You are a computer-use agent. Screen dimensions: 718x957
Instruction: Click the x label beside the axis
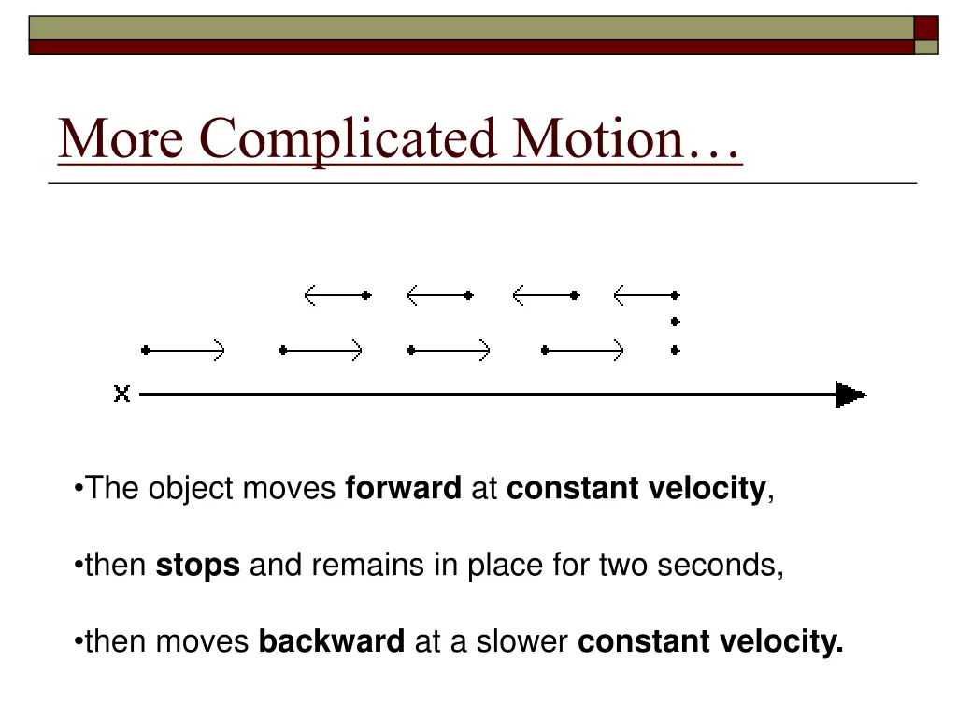coord(121,395)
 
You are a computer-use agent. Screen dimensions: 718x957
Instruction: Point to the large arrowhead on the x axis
coord(850,395)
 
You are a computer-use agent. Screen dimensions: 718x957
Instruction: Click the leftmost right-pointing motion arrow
coord(184,351)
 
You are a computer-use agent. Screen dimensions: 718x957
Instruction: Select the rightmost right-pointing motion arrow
coord(583,351)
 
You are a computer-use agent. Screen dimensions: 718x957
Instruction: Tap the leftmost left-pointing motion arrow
coord(337,295)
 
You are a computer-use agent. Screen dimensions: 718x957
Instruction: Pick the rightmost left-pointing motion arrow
coord(646,295)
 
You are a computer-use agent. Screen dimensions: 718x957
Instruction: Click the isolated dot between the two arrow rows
coord(676,323)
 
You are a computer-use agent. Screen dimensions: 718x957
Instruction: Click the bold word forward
coord(403,489)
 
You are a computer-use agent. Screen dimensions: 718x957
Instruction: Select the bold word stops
coord(197,566)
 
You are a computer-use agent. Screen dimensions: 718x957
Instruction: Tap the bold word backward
coord(331,642)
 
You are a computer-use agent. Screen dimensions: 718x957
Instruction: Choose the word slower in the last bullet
coord(522,642)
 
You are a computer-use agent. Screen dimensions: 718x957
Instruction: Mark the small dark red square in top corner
coord(925,28)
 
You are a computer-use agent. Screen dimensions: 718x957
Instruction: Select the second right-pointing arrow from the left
coord(321,351)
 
